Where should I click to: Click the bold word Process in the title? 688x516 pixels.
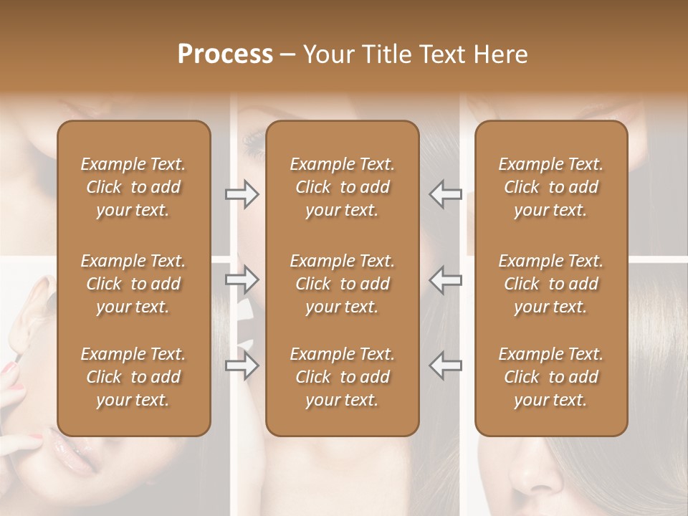pyautogui.click(x=225, y=54)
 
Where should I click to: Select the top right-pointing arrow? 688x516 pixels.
pyautogui.click(x=242, y=194)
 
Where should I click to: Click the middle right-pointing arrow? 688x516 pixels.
pyautogui.click(x=242, y=279)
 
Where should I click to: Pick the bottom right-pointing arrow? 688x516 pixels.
pyautogui.click(x=242, y=365)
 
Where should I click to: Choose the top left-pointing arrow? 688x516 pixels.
pyautogui.click(x=445, y=194)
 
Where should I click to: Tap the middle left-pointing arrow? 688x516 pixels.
pyautogui.click(x=445, y=279)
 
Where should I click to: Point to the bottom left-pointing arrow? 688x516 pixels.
pyautogui.click(x=445, y=365)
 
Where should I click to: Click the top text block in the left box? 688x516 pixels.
pyautogui.click(x=133, y=187)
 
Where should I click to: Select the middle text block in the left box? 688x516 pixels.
pyautogui.click(x=133, y=284)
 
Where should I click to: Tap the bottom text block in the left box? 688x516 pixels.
pyautogui.click(x=133, y=377)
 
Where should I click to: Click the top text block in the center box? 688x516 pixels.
pyautogui.click(x=343, y=187)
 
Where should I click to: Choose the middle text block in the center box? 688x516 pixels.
pyautogui.click(x=343, y=284)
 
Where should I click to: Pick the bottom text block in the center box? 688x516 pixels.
pyautogui.click(x=343, y=377)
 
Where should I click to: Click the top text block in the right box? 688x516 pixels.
pyautogui.click(x=551, y=187)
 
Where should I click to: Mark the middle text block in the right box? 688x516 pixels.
pyautogui.click(x=551, y=284)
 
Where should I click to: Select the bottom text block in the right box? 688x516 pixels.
pyautogui.click(x=551, y=377)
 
